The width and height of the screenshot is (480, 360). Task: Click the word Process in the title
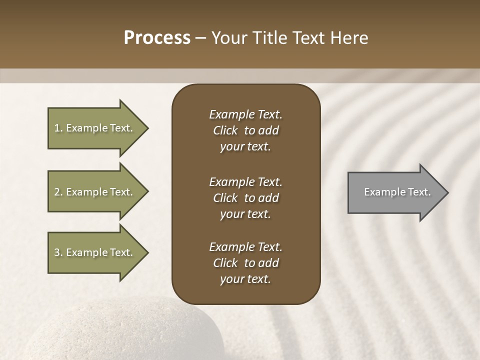click(157, 38)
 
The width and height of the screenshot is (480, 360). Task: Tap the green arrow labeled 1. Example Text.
click(95, 128)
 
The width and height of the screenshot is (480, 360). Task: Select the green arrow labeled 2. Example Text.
click(95, 192)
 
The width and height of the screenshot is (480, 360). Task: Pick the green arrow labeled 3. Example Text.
click(95, 252)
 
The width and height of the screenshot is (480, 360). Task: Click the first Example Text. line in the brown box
click(245, 114)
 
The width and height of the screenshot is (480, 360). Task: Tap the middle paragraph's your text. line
click(245, 214)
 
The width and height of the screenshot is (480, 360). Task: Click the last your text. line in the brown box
click(245, 279)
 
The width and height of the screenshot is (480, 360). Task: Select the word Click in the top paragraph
click(225, 130)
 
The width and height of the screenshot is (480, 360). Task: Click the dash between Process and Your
click(200, 38)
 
